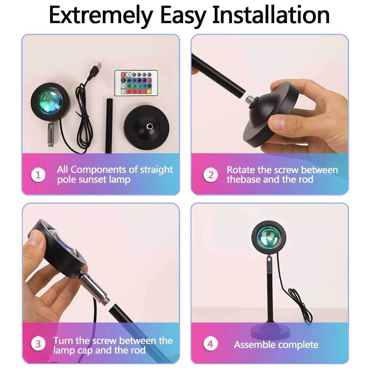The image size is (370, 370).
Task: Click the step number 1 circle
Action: [38, 175]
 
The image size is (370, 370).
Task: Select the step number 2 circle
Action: [211, 175]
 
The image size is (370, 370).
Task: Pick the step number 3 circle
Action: [38, 344]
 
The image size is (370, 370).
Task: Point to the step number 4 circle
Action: [211, 344]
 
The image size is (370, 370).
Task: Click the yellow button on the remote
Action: [149, 92]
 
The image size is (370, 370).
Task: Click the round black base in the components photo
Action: [146, 126]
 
